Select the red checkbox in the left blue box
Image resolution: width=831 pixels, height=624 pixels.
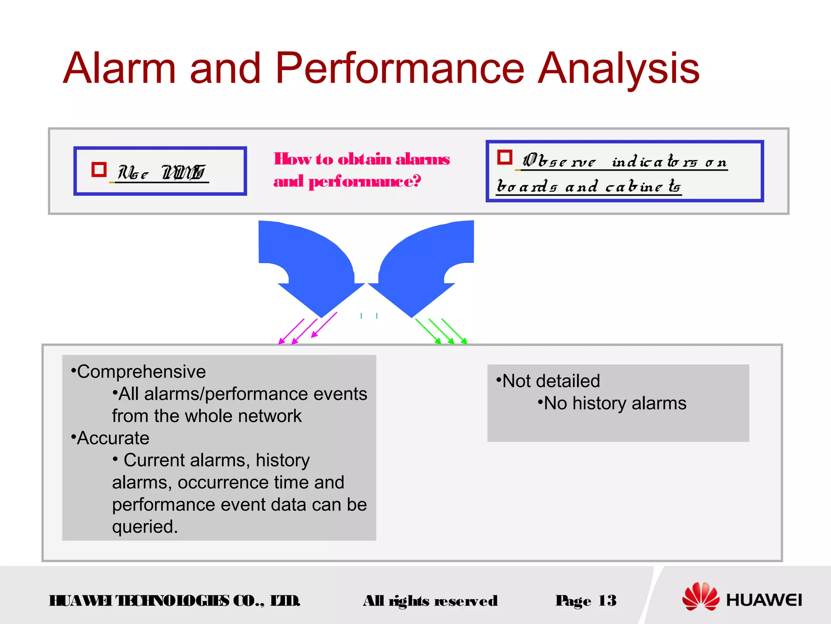click(99, 170)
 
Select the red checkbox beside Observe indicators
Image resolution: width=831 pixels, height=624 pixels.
click(504, 157)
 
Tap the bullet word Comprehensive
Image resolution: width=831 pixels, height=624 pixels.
click(141, 372)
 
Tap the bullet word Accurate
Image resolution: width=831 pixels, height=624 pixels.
click(113, 438)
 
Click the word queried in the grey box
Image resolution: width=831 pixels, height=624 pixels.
click(144, 526)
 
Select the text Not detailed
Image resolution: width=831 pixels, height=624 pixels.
click(551, 381)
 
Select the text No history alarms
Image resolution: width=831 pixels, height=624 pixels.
click(615, 403)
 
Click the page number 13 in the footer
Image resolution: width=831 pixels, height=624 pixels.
click(607, 600)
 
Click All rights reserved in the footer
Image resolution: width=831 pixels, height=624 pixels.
click(430, 601)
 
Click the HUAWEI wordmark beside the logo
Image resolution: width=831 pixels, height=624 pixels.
click(764, 600)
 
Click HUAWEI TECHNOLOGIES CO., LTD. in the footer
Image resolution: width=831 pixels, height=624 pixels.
click(174, 601)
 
